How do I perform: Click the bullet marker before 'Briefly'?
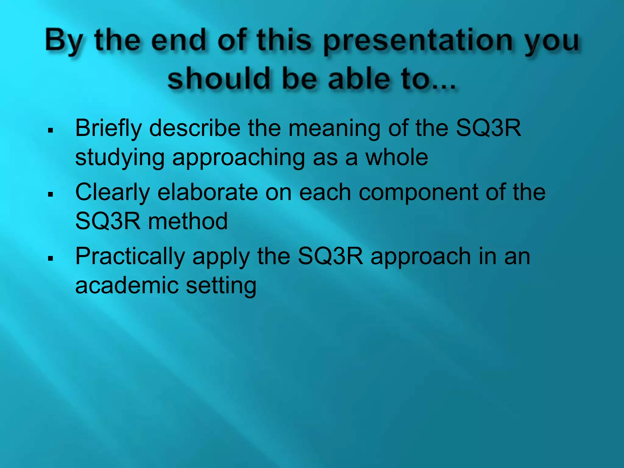click(x=51, y=131)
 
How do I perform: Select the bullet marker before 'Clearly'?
click(x=51, y=194)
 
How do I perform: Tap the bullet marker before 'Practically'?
click(x=51, y=259)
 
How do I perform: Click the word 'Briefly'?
click(x=108, y=128)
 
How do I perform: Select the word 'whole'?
click(x=397, y=158)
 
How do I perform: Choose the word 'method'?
click(x=188, y=221)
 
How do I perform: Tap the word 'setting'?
click(x=221, y=286)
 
